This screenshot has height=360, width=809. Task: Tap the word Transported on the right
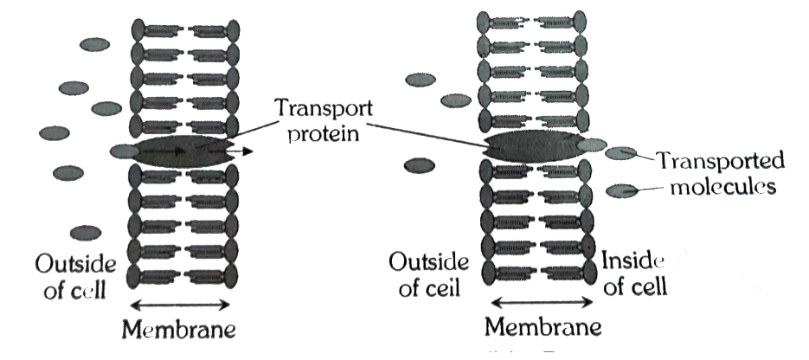tap(720, 161)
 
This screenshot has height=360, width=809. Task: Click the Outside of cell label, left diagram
tap(70, 274)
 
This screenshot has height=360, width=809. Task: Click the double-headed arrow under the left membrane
tap(179, 304)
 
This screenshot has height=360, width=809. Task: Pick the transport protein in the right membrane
tap(530, 145)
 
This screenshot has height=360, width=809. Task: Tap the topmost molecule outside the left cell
tap(91, 43)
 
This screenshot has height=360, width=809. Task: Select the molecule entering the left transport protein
tap(124, 151)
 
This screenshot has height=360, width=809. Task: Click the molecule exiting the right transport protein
tap(592, 145)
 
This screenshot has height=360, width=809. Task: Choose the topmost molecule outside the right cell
tap(421, 80)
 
